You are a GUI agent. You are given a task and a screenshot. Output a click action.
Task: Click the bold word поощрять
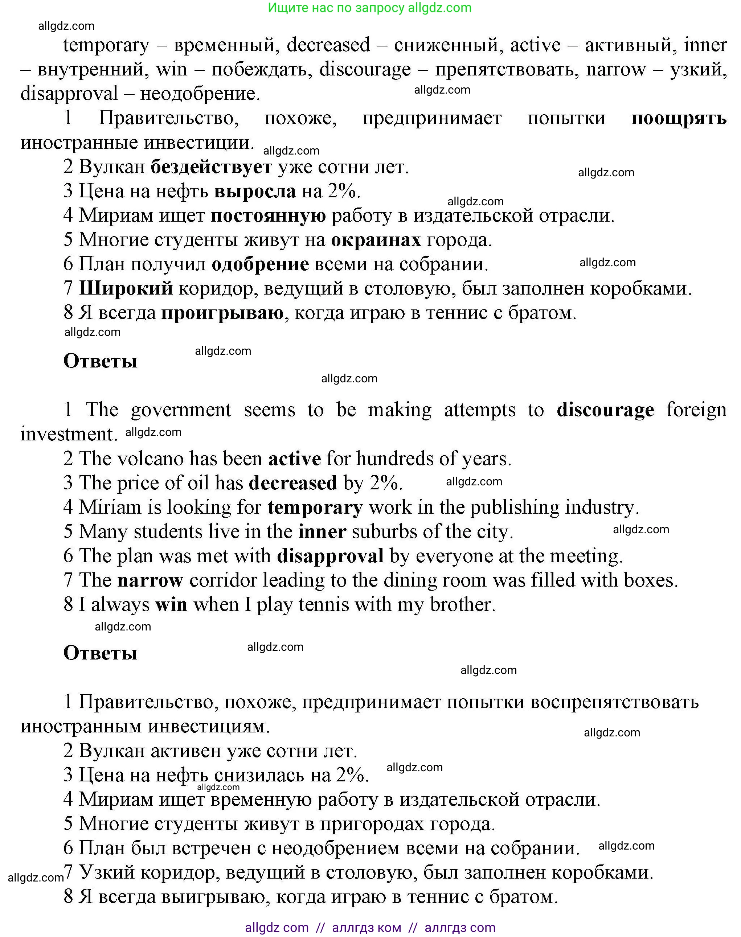tap(678, 118)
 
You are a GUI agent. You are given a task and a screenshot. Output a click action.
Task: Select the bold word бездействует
tap(211, 167)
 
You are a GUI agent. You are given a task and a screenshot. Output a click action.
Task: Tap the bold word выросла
tap(255, 191)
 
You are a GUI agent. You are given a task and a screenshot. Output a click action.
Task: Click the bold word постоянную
tap(268, 215)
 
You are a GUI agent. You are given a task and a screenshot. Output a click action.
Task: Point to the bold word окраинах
tap(376, 240)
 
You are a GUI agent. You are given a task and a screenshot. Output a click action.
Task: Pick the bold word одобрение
tap(260, 264)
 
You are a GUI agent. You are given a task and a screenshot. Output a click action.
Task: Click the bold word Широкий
tap(126, 288)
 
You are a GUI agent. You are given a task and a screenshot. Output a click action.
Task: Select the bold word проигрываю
tap(222, 313)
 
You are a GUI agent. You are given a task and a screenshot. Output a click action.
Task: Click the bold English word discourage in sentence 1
tap(605, 410)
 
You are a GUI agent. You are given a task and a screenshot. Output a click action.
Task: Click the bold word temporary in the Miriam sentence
tap(315, 507)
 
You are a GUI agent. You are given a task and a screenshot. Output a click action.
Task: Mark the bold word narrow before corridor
tap(150, 580)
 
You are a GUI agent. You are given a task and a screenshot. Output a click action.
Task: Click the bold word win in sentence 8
tap(171, 604)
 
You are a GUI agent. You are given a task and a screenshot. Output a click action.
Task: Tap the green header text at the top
tap(370, 8)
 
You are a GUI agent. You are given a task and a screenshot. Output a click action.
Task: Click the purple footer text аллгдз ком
tap(367, 928)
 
